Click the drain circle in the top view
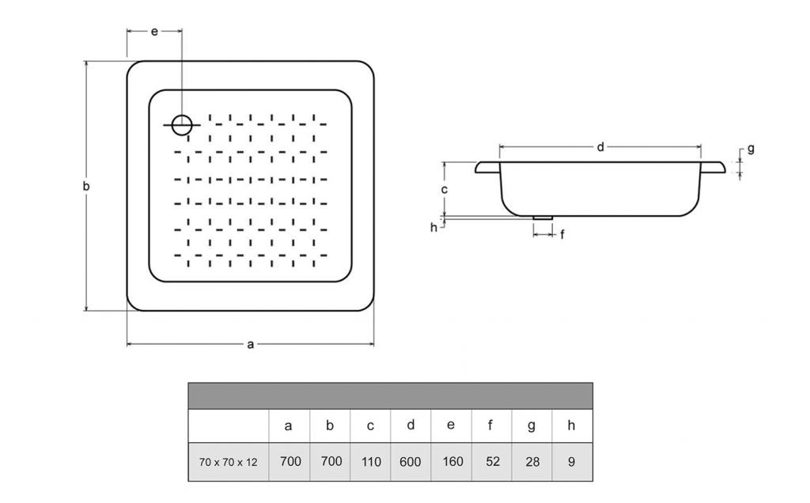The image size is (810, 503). pos(182,124)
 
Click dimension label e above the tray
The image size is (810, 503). pos(154,31)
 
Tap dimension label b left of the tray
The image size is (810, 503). pos(86,187)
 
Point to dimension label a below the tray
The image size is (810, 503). pos(251,344)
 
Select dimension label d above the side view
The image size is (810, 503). pos(600,147)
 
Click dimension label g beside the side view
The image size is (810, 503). pos(751,148)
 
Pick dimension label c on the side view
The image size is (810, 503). pos(445,189)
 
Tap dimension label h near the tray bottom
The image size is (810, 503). pos(433,228)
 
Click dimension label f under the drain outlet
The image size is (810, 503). pos(562,234)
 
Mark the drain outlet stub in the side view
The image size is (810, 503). pos(543,217)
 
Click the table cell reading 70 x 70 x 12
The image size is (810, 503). pos(228,462)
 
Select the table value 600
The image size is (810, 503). pos(410,462)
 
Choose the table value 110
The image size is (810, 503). pos(370,462)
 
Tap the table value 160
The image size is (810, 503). pos(451,462)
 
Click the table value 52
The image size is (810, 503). pos(492,462)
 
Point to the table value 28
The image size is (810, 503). pos(532,462)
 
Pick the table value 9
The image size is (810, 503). pos(571,462)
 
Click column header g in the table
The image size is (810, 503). pos(532,425)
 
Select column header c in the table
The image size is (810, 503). pos(370,425)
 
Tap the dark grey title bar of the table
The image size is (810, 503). pos(390,395)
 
